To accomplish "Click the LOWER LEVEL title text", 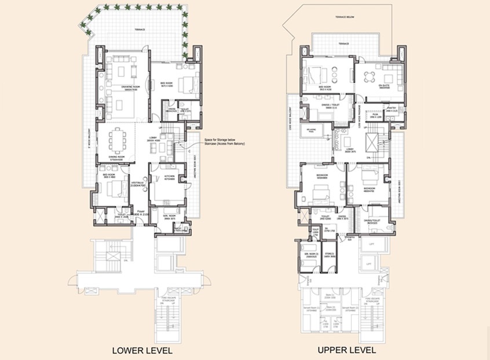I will click(x=142, y=351).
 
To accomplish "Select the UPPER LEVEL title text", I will click(x=346, y=350).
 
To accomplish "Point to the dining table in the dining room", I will click(x=119, y=139).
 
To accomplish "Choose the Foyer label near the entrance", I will click(x=140, y=213).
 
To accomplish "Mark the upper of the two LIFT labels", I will click(x=369, y=245).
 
